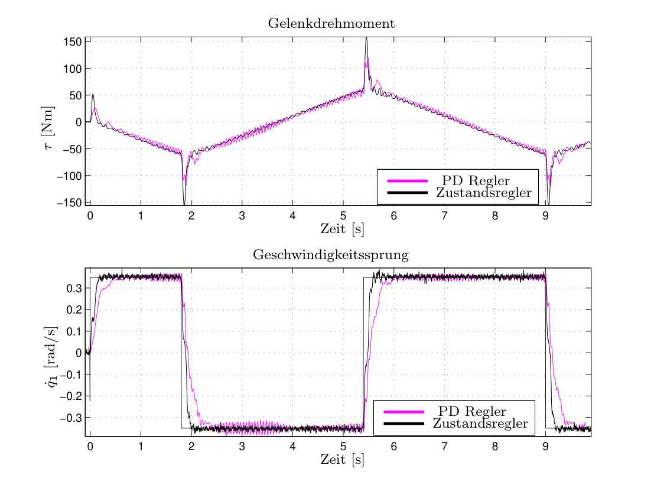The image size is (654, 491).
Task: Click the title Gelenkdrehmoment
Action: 331,24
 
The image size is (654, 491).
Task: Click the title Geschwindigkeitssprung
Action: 331,255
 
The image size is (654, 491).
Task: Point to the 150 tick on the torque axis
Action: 73,42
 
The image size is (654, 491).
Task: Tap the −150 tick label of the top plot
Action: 70,203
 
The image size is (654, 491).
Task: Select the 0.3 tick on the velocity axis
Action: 74,288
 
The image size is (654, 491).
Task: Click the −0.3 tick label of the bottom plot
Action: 71,418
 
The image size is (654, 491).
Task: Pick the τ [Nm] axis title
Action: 48,128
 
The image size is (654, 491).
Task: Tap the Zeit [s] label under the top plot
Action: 342,229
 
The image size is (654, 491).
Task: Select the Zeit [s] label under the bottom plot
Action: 342,460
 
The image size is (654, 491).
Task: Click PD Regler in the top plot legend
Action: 476,181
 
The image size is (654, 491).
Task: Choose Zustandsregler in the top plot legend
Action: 484,192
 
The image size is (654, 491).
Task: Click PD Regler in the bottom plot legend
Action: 472,412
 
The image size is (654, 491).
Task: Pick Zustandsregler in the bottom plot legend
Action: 480,424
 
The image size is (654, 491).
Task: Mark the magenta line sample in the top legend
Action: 408,181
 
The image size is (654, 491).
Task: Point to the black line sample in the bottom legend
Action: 404,424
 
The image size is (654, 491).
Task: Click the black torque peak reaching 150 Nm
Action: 366,38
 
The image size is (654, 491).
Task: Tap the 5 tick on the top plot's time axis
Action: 343,216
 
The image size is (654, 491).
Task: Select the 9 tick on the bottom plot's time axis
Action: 545,447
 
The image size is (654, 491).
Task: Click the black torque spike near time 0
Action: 93,95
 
